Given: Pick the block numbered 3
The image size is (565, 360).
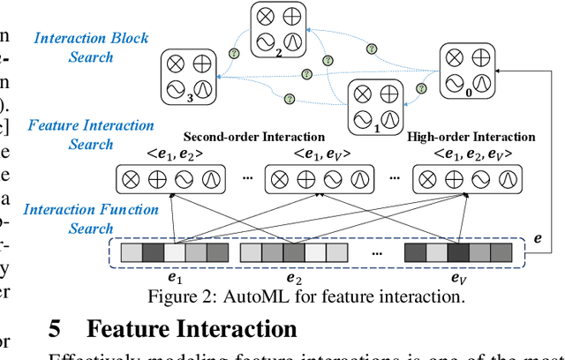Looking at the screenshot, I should tap(188, 77).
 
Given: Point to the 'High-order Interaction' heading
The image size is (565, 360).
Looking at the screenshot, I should tap(471, 138).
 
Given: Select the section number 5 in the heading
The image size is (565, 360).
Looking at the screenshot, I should tap(55, 329).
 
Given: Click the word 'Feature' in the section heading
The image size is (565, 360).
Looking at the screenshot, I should tap(131, 329).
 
